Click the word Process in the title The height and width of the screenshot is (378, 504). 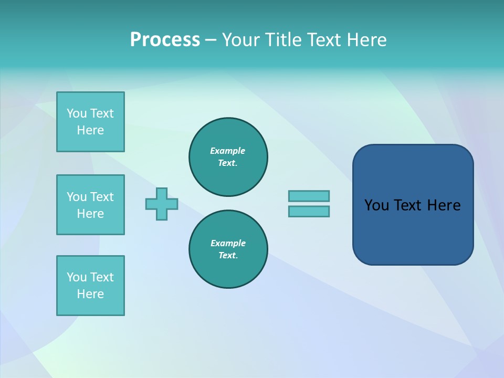click(x=165, y=40)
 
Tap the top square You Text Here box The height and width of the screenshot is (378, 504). click(x=90, y=122)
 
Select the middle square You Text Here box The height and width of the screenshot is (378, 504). click(x=90, y=205)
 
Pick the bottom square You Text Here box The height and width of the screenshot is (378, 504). click(x=90, y=286)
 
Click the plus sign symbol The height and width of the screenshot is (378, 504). click(x=162, y=204)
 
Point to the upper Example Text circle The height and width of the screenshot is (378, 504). click(x=228, y=157)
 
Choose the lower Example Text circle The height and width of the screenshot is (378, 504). click(x=228, y=249)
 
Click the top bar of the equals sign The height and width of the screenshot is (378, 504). click(x=309, y=196)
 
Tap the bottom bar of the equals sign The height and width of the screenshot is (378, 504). click(x=309, y=212)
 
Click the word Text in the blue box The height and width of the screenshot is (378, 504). click(x=408, y=205)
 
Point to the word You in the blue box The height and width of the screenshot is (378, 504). click(x=376, y=205)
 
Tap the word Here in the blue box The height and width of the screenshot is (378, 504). click(x=444, y=205)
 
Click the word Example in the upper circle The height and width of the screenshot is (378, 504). click(x=228, y=151)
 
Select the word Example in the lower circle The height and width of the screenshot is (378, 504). click(x=228, y=243)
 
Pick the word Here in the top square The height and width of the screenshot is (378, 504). click(x=90, y=130)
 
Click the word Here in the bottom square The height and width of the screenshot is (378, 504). click(x=90, y=294)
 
